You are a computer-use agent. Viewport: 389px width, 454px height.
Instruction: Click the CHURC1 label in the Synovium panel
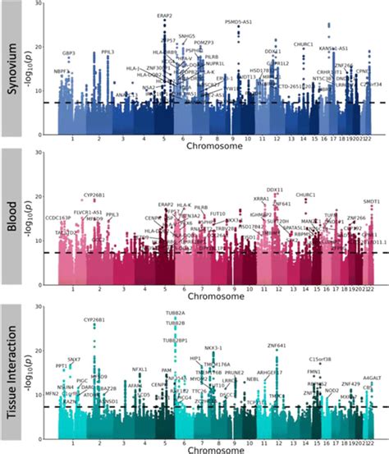(x=303, y=44)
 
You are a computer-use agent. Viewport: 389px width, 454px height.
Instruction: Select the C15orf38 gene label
(x=320, y=359)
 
